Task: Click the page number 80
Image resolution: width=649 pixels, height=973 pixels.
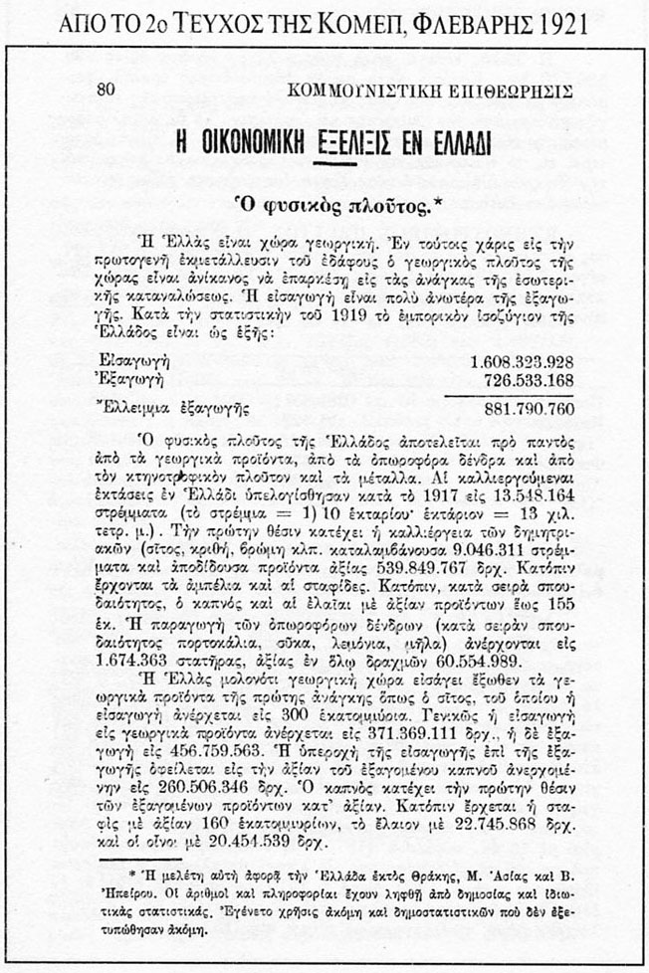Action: pos(107,89)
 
